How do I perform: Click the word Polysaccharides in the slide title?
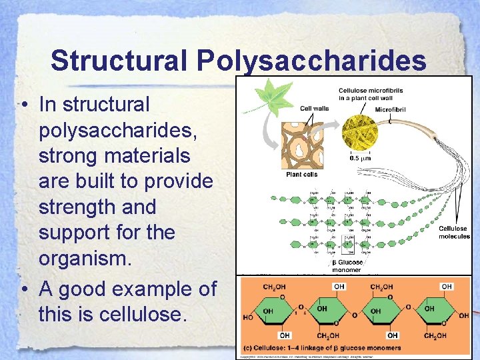311,61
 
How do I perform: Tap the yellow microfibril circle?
360,131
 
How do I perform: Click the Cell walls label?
315,109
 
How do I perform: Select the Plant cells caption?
301,175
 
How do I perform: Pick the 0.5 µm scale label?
361,159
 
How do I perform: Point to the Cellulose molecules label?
453,232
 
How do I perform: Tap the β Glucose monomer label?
347,267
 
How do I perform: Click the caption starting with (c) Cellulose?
323,348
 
